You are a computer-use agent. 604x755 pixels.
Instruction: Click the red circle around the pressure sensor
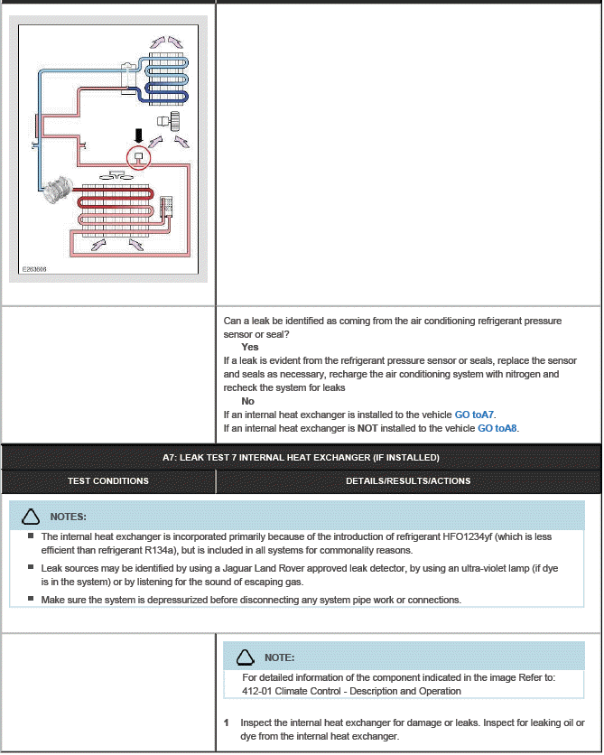click(x=138, y=158)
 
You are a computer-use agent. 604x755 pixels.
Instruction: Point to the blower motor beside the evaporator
click(x=169, y=120)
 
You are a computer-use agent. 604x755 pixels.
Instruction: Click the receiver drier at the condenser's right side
click(x=166, y=207)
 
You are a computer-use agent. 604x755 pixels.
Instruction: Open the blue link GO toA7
click(x=474, y=415)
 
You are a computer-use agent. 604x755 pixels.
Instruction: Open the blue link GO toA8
click(x=497, y=428)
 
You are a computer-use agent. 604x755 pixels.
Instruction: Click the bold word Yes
click(x=250, y=347)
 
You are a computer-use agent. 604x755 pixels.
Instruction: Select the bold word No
click(x=247, y=401)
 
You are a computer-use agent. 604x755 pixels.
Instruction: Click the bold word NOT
click(x=367, y=428)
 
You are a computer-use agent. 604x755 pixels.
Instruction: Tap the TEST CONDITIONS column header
click(x=108, y=481)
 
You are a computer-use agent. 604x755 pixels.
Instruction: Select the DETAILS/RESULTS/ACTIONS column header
click(x=408, y=481)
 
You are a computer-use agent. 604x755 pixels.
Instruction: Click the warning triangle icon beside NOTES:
click(x=31, y=517)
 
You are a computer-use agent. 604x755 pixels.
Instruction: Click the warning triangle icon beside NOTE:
click(x=244, y=657)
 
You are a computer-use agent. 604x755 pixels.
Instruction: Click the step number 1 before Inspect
click(x=227, y=722)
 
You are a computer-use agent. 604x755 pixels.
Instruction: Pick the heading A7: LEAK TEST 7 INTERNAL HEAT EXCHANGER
click(x=301, y=458)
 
